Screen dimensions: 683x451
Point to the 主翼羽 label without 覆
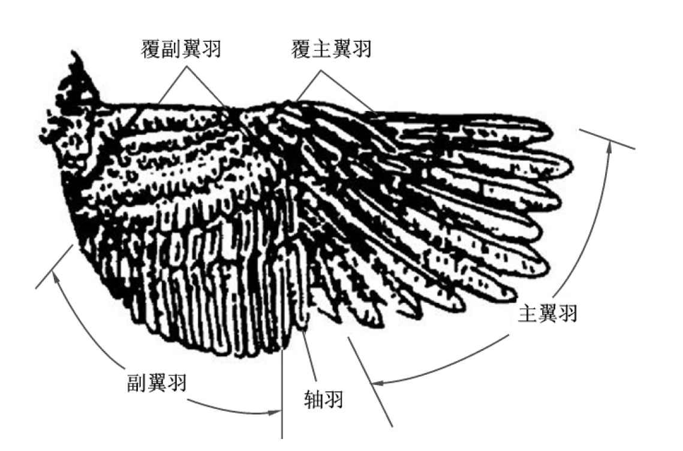[x=547, y=313]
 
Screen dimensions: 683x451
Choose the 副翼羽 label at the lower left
[x=156, y=381]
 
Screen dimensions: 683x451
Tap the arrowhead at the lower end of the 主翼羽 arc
[x=375, y=381]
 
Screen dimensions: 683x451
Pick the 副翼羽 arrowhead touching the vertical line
[x=277, y=412]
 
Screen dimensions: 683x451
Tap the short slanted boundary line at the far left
[x=54, y=267]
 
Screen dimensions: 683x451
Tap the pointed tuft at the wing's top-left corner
[x=76, y=60]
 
